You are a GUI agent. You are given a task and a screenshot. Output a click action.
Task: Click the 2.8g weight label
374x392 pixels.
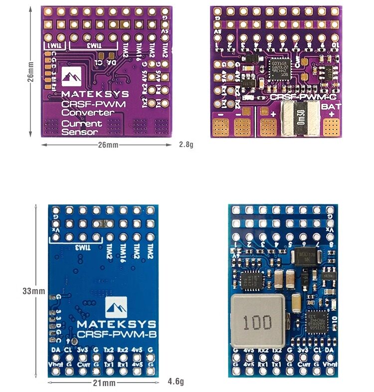click(x=186, y=145)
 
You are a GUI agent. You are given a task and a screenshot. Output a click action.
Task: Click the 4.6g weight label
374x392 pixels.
click(x=176, y=382)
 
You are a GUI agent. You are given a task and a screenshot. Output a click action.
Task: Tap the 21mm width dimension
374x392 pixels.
click(x=104, y=383)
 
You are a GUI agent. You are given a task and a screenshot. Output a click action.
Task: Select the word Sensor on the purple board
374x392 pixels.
click(x=80, y=132)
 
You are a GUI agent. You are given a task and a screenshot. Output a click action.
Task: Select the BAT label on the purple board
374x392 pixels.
click(x=332, y=106)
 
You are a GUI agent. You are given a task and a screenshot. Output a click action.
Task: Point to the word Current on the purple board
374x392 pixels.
click(x=82, y=123)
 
